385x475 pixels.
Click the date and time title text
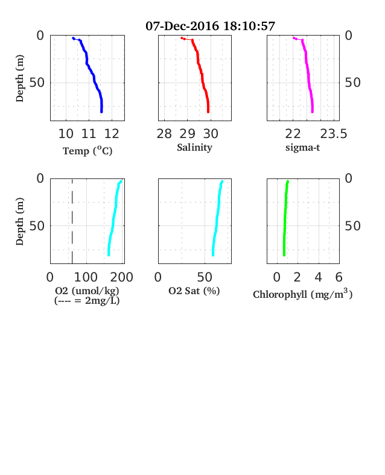[x=210, y=26]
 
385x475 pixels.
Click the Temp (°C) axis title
[x=87, y=151]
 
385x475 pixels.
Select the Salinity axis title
[x=194, y=147]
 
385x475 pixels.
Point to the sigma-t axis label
[x=302, y=148]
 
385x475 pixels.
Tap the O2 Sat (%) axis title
[x=194, y=291]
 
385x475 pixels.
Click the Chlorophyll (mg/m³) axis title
[x=302, y=294]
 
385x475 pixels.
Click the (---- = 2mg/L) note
[x=87, y=301]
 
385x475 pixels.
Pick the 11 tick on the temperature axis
[x=89, y=134]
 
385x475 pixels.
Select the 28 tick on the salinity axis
[x=164, y=134]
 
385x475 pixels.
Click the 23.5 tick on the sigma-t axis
[x=334, y=134]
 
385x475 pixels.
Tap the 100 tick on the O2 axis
[x=86, y=277]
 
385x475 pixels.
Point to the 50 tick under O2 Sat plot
[x=205, y=277]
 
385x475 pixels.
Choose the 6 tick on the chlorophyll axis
[x=339, y=277]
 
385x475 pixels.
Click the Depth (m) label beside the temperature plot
[x=19, y=78]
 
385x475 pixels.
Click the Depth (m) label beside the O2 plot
[x=19, y=221]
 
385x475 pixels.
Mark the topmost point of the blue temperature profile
[x=74, y=38]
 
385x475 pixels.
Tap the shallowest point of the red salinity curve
[x=182, y=38]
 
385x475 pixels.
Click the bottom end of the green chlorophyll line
[x=284, y=255]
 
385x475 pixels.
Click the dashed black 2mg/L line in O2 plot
[x=72, y=221]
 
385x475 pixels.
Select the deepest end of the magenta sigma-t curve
[x=312, y=112]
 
